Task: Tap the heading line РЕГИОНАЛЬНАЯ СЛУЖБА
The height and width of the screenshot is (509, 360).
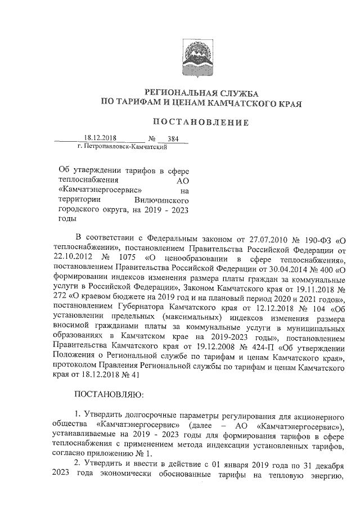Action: pyautogui.click(x=201, y=92)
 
